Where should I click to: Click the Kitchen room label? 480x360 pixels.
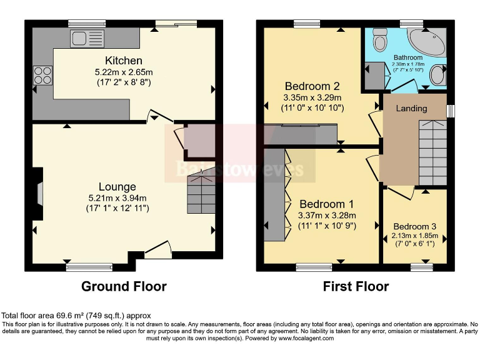(x=123, y=61)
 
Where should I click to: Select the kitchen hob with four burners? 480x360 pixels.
(x=42, y=75)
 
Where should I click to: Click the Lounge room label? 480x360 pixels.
(x=117, y=187)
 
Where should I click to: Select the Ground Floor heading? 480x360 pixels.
(x=124, y=287)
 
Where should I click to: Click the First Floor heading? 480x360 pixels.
(x=356, y=287)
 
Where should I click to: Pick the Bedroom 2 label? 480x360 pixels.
(x=312, y=86)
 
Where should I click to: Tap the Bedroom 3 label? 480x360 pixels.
(x=414, y=226)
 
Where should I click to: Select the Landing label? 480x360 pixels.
(x=412, y=108)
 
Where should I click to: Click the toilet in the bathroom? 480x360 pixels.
(x=379, y=42)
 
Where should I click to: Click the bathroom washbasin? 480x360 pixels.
(x=439, y=75)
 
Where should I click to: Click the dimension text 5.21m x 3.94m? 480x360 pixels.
(x=117, y=198)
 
